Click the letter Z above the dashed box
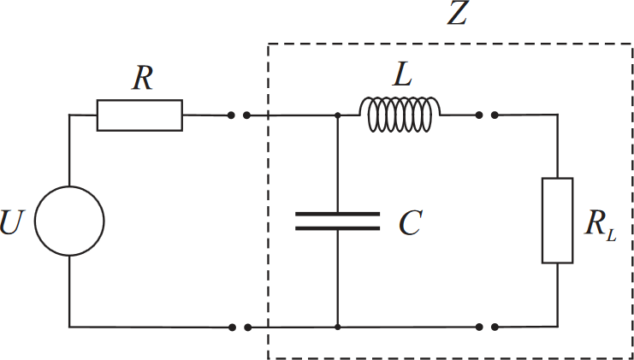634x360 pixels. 458,15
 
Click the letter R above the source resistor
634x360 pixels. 143,80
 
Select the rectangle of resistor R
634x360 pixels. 139,115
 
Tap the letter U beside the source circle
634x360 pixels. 11,221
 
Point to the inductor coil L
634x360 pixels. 400,115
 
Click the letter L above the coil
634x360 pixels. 402,75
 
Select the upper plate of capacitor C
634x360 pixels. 338,214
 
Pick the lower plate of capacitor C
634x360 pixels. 338,228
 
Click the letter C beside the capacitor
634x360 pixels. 410,222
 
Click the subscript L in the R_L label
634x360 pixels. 611,236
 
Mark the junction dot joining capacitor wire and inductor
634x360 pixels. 338,115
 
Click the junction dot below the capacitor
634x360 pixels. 338,327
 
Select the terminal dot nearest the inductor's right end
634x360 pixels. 479,115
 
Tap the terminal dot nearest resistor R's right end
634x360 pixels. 231,115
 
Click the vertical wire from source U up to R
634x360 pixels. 69,150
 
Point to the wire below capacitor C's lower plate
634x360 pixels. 338,279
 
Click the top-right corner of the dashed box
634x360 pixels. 632,44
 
